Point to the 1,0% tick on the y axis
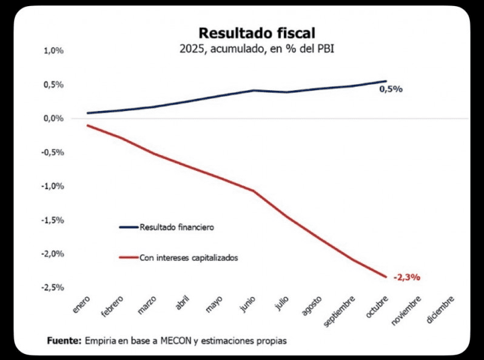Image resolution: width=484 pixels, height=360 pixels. tap(54, 51)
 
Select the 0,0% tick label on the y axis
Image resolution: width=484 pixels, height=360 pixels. tap(54, 118)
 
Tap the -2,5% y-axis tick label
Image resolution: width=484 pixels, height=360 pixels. tap(53, 287)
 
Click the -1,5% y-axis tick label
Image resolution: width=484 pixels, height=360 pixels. tap(53, 219)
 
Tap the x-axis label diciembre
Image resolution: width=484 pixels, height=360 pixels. tap(440, 309)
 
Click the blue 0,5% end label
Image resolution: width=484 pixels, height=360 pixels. tap(391, 89)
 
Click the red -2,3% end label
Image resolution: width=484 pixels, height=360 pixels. tap(406, 278)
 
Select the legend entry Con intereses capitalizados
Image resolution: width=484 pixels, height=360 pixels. tap(188, 258)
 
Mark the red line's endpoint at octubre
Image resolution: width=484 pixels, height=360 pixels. tap(386, 277)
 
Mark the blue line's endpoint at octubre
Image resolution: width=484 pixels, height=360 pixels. tap(386, 81)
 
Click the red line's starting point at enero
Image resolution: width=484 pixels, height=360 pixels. tap(88, 125)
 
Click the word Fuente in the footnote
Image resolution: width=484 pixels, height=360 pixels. tap(64, 341)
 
